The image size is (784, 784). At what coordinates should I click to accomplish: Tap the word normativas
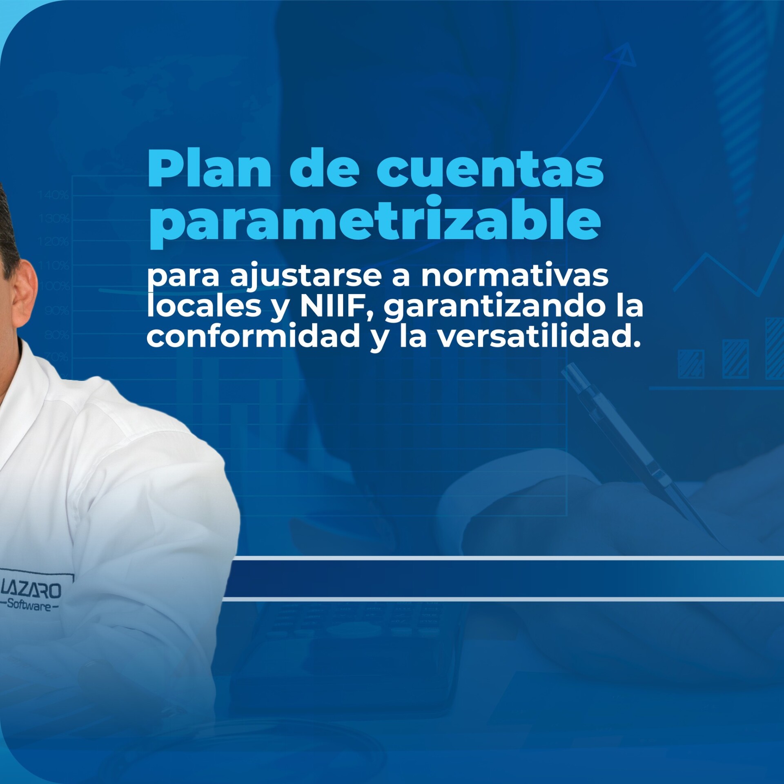(x=515, y=276)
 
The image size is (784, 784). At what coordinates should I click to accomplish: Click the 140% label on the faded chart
(x=53, y=195)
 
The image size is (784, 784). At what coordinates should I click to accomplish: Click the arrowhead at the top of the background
(x=623, y=56)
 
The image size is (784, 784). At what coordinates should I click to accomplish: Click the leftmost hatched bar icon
(x=691, y=363)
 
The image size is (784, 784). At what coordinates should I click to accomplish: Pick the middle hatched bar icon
(x=735, y=358)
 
